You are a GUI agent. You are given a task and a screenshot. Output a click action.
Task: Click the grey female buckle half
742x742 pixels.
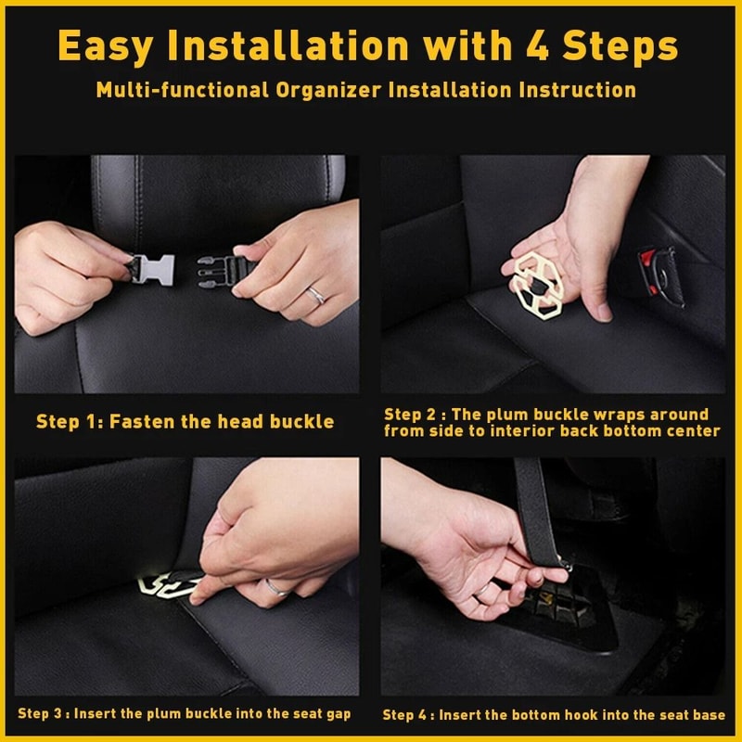point(153,270)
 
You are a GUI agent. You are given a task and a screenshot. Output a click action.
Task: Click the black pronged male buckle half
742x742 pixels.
point(217,271)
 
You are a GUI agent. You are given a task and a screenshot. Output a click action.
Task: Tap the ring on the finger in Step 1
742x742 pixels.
point(316,296)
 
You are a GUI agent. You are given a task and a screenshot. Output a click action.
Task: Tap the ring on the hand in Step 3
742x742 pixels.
point(276,587)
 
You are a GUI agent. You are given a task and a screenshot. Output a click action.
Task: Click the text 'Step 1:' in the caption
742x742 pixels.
point(70,422)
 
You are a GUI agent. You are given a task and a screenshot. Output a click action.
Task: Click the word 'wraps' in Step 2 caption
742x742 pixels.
point(626,414)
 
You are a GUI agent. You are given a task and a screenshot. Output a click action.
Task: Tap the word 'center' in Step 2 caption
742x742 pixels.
point(690,430)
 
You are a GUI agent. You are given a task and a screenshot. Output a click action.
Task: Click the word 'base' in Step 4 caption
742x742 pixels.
point(709,714)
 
